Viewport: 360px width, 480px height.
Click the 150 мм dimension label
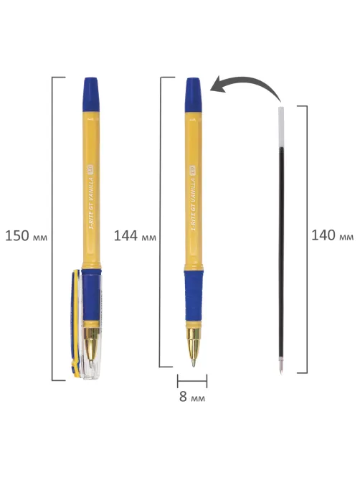pos(27,236)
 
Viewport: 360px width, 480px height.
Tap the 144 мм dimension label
pos(135,236)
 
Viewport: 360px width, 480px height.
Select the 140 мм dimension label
pos(333,235)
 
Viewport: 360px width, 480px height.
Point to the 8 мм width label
pos(192,397)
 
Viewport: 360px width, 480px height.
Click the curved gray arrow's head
pos(219,85)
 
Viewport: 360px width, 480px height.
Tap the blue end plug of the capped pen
pos(91,95)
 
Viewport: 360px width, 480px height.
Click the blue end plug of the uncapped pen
pos(194,95)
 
